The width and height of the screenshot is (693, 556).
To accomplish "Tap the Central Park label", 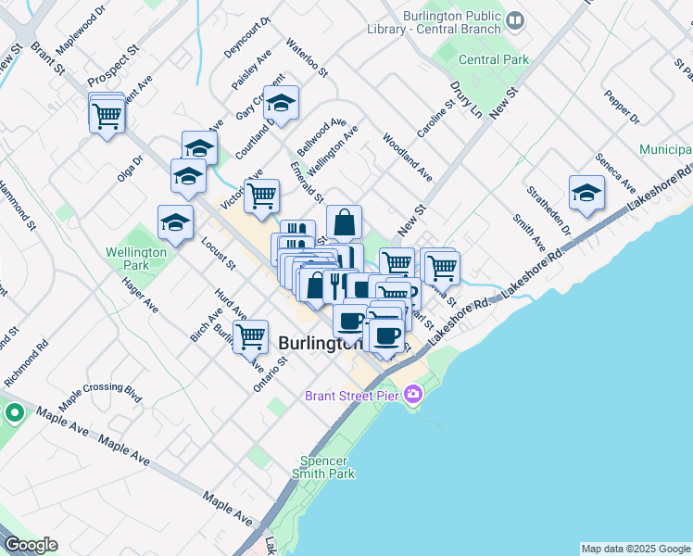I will [x=493, y=59].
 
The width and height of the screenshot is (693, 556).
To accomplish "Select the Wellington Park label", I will [x=135, y=259].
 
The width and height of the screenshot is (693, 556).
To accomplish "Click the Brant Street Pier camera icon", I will [x=413, y=396].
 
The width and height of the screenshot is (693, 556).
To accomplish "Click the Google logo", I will [x=31, y=545].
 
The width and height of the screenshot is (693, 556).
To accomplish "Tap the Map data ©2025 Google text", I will [x=635, y=549].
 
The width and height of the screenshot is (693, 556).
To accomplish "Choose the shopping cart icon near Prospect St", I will [x=107, y=116].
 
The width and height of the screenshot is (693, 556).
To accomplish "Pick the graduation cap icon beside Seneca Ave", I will [x=586, y=193].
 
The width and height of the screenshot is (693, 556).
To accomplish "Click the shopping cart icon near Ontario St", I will [x=250, y=337].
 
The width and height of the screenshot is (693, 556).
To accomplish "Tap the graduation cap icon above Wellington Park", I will [x=175, y=222].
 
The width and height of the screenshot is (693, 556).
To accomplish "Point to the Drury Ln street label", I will [x=465, y=97].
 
